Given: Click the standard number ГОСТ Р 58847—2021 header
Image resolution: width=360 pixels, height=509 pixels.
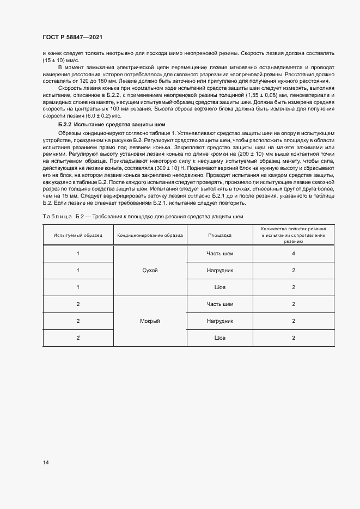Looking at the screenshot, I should [72, 37].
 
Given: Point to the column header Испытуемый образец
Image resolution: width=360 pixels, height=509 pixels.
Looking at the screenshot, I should [78, 235].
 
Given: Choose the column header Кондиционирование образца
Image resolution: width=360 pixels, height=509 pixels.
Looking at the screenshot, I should [149, 235].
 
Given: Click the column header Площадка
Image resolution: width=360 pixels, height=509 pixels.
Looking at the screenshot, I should [219, 235].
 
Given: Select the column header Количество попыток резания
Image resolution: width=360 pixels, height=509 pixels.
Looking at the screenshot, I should [293, 235].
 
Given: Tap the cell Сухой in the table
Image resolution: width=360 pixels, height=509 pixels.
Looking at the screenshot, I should [149, 271].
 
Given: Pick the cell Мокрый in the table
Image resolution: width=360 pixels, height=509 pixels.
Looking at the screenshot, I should [149, 321].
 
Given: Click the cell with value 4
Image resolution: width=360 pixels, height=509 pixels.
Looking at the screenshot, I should [293, 254].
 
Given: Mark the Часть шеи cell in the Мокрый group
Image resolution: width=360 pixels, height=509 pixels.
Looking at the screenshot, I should [219, 304].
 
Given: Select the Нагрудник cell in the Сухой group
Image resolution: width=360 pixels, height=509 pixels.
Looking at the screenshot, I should [219, 271].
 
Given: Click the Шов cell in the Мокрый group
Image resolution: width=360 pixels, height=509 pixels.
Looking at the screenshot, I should [219, 338].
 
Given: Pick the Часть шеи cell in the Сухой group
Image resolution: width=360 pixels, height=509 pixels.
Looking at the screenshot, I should [219, 254].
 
